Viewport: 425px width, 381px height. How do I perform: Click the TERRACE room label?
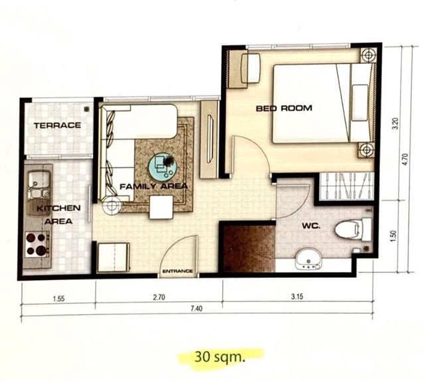pos(57,126)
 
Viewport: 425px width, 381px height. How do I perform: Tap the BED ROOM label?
pos(284,108)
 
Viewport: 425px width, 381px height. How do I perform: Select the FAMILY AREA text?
pos(153,186)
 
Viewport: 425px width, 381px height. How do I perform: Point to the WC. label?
pos(311,225)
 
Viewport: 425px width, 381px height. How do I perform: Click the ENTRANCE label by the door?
pos(178,271)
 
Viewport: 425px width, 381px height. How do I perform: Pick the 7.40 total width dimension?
pos(197,309)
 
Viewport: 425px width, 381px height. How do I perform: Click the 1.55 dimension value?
pos(59,299)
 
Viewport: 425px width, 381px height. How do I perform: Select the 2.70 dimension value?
pos(159,297)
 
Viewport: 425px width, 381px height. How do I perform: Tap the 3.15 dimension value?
pos(297,297)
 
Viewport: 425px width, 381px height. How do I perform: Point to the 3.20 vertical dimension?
pos(396,124)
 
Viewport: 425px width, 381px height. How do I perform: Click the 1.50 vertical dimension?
pos(394,236)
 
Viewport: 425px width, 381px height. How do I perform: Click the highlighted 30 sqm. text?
pos(220,356)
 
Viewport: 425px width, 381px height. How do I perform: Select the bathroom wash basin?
pos(308,260)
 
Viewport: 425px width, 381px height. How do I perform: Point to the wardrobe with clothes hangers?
pos(347,186)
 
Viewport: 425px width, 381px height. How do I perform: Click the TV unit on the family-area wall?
pos(209,140)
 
